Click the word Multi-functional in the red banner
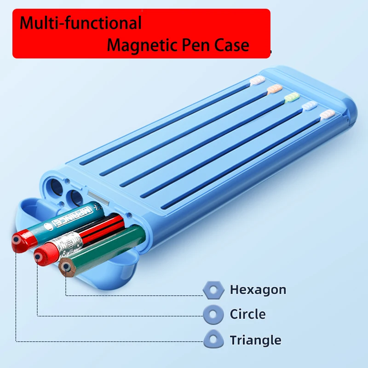(80, 23)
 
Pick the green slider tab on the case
(292, 97)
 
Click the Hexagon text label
(258, 290)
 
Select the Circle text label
(247, 315)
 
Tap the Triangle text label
(255, 340)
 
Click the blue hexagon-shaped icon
(213, 290)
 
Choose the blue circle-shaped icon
(213, 315)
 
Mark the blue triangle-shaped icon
(213, 340)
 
